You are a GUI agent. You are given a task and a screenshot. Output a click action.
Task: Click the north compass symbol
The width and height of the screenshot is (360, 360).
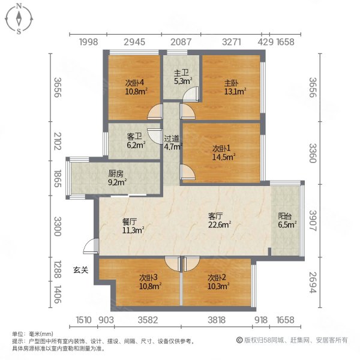click(19, 19)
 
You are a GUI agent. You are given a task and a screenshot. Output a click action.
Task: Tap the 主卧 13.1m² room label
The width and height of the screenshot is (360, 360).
click(235, 88)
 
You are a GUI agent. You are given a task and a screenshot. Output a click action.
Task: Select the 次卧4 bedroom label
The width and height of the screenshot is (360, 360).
click(136, 87)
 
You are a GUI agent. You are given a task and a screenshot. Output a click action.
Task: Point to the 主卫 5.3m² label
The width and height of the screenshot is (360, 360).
click(183, 77)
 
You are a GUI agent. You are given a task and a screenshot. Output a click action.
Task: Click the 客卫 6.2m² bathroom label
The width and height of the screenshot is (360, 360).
click(136, 141)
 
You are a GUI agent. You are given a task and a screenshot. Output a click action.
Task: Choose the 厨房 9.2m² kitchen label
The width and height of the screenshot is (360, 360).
click(118, 178)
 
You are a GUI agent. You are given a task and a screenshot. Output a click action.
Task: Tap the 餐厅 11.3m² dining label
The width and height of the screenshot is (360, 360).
click(133, 226)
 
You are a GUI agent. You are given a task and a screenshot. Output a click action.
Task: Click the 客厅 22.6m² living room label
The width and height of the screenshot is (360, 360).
click(220, 220)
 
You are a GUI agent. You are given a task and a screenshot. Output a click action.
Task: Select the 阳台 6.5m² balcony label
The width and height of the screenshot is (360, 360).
click(287, 220)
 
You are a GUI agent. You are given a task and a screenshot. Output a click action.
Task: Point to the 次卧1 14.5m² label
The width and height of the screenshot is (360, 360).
click(224, 153)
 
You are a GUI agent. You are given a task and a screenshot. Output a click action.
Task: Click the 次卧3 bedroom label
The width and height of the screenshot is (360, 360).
click(150, 282)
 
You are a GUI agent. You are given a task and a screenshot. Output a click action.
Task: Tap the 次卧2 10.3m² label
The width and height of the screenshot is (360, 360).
click(218, 282)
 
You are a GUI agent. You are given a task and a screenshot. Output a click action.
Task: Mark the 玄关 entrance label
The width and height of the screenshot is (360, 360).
click(80, 270)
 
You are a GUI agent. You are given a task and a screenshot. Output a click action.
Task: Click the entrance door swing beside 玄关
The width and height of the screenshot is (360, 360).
click(91, 246)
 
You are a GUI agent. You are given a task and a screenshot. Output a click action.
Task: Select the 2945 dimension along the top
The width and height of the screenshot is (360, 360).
click(134, 42)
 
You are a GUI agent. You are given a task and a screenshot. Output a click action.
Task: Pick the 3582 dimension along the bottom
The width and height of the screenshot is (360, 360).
click(148, 320)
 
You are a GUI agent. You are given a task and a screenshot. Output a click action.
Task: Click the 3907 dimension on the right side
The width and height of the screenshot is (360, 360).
click(313, 221)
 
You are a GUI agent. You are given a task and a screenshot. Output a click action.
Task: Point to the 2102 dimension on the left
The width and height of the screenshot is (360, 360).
click(58, 141)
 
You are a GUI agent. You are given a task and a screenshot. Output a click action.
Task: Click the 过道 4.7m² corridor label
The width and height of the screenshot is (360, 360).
click(173, 143)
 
